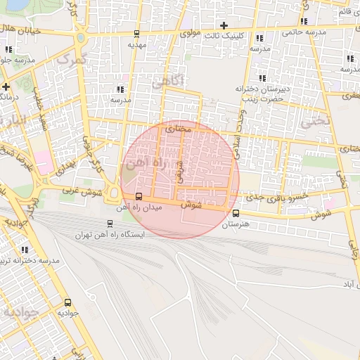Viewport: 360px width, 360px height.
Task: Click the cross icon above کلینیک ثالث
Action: click(224, 26)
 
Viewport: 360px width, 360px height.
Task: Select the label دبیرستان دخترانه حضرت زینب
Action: click(263, 94)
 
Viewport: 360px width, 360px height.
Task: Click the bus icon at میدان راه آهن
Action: click(139, 196)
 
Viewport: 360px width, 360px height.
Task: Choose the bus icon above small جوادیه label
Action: click(67, 301)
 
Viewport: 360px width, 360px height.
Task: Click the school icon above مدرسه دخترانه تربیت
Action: click(25, 250)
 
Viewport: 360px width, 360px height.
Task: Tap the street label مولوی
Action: click(190, 33)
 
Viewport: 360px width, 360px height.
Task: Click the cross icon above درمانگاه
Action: click(6, 86)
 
